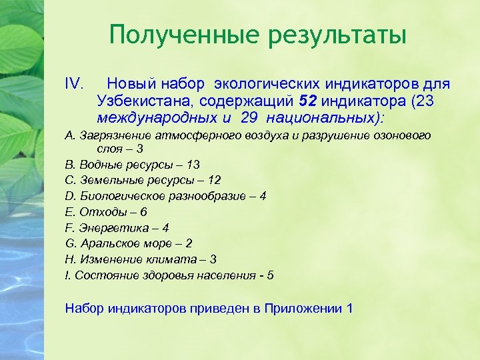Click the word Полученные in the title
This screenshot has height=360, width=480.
(175, 35)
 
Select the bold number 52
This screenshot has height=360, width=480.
(310, 101)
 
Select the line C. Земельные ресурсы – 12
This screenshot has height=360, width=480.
(143, 180)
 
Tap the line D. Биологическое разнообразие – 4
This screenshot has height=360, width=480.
(165, 196)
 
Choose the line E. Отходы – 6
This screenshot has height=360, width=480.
(106, 212)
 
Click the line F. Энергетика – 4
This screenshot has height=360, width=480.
(117, 227)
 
